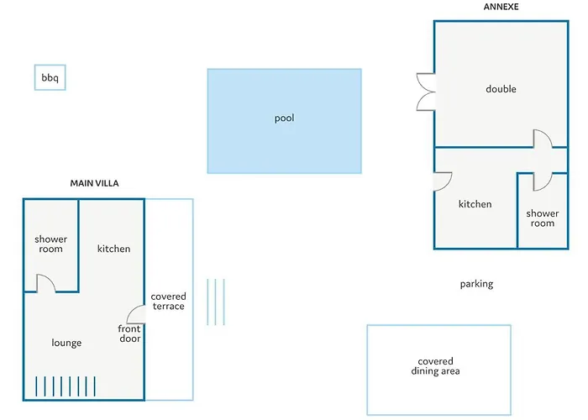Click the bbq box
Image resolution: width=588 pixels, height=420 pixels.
[50, 78]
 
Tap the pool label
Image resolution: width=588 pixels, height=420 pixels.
[284, 118]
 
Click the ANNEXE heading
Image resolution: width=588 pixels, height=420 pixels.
[501, 7]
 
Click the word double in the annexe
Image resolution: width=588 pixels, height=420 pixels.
[501, 89]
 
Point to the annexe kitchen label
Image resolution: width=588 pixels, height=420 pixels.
[475, 204]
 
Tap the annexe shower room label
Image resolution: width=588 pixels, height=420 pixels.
[542, 218]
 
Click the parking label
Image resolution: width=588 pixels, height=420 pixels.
[476, 284]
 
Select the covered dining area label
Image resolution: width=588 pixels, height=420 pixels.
[435, 366]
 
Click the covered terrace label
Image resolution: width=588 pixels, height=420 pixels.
[169, 302]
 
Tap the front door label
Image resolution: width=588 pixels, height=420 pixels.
[129, 333]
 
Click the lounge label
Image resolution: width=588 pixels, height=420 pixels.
[66, 343]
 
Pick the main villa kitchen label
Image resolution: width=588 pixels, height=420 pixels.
[113, 249]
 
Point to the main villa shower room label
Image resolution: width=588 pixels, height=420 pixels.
[50, 244]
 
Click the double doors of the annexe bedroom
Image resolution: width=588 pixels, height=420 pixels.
[425, 92]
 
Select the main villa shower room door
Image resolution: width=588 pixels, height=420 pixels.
[45, 283]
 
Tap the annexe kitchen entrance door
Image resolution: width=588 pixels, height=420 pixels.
[443, 181]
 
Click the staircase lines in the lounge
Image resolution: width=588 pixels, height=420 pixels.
[66, 386]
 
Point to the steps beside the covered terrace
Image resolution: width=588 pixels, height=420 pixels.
[216, 302]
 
